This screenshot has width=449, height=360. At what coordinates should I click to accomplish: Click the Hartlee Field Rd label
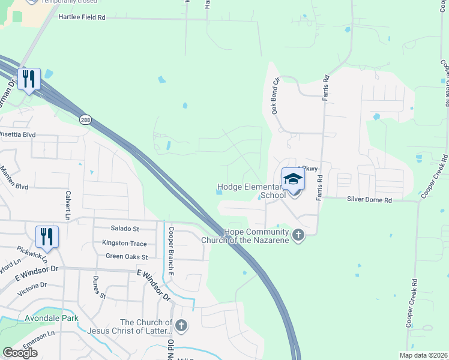pos(82,17)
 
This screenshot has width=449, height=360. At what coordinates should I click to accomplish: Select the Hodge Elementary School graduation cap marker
pos(293,179)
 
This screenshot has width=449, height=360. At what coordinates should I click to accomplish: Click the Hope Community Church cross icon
pos(298,235)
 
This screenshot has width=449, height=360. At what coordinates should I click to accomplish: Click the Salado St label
pos(125,229)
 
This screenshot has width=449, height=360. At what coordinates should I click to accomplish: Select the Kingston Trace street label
pos(124,243)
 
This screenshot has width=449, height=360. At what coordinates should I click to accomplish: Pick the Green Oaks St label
pos(126,256)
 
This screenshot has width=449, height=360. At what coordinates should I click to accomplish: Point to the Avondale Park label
pos(48,317)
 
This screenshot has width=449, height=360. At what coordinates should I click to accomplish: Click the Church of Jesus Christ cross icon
pos(181,326)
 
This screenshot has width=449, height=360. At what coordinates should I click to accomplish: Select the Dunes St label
pos(99,287)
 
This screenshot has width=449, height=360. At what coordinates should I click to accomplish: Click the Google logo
pos(20,353)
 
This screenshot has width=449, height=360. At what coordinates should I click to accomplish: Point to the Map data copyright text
pos(424,355)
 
